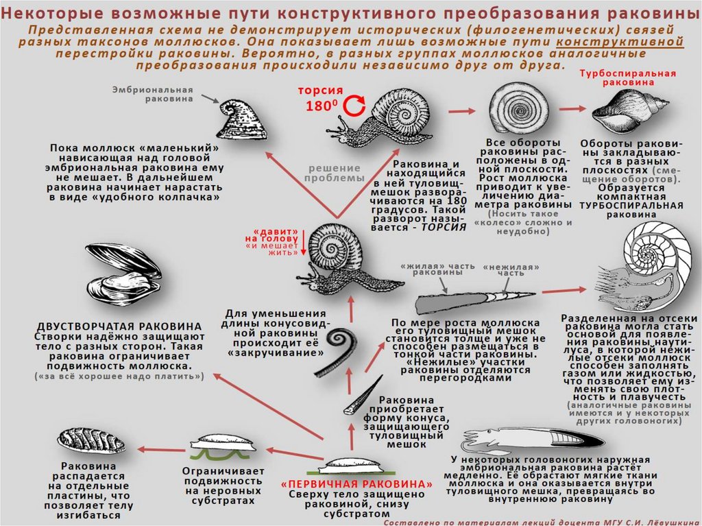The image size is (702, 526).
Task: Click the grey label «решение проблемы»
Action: coord(333,173)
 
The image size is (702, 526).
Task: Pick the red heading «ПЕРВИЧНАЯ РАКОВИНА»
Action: coord(357,483)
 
